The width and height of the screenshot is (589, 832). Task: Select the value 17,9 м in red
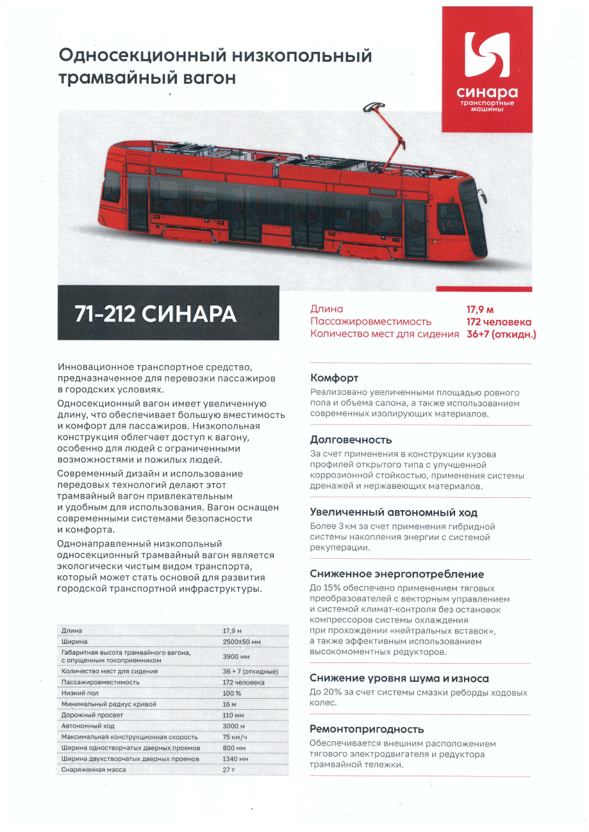[481, 309]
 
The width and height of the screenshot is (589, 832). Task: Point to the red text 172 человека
[498, 322]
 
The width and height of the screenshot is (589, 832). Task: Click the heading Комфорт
[334, 378]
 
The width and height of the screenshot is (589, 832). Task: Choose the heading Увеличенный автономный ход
[394, 512]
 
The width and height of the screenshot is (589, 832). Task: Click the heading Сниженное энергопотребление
[397, 574]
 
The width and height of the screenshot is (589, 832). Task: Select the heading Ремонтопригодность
[367, 729]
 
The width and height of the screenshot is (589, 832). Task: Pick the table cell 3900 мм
[236, 657]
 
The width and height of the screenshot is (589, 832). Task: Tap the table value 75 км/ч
[235, 737]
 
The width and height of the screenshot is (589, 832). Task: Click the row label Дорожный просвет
[92, 715]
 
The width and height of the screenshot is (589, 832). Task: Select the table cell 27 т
[229, 769]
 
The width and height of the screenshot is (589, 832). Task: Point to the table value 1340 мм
[235, 758]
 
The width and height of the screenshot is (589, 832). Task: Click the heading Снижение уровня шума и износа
[399, 678]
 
